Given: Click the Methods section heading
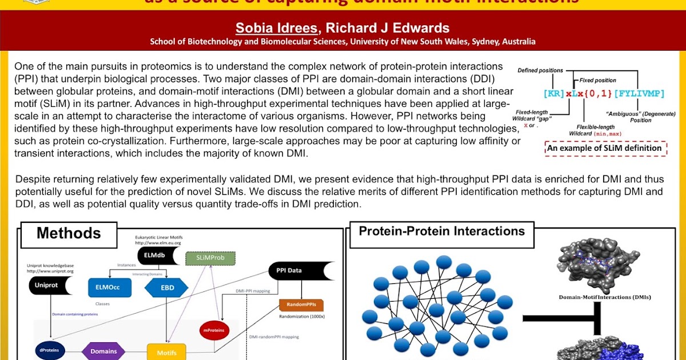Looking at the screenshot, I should pyautogui.click(x=69, y=233).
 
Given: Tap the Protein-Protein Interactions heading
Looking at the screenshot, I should pyautogui.click(x=441, y=231).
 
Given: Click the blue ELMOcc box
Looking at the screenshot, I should pyautogui.click(x=109, y=287).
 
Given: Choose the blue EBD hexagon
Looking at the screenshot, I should pyautogui.click(x=166, y=287).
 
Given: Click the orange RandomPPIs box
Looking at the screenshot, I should pyautogui.click(x=301, y=305).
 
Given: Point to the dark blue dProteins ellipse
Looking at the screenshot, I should pyautogui.click(x=49, y=351).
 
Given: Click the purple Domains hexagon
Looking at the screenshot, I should pyautogui.click(x=103, y=351).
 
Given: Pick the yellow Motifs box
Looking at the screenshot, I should pyautogui.click(x=166, y=352).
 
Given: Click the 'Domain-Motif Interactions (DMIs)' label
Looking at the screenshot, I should pyautogui.click(x=604, y=297).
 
